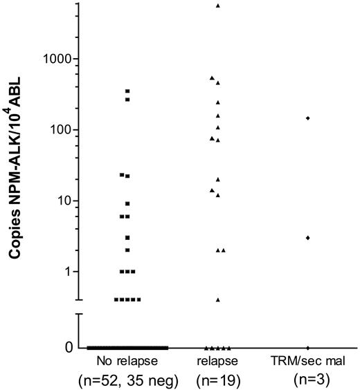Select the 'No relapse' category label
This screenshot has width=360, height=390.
(x=127, y=362)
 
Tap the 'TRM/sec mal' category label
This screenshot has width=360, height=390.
(x=307, y=362)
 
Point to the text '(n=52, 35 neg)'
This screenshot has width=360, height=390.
(x=127, y=379)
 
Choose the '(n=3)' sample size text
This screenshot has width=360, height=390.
(x=307, y=379)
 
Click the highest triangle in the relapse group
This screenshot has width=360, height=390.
(x=218, y=6)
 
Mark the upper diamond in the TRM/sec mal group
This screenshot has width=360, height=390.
(x=307, y=118)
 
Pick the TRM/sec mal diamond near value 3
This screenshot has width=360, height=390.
(x=307, y=237)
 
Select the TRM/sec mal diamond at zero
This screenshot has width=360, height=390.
(x=307, y=347)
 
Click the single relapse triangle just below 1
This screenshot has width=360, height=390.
(x=218, y=299)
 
